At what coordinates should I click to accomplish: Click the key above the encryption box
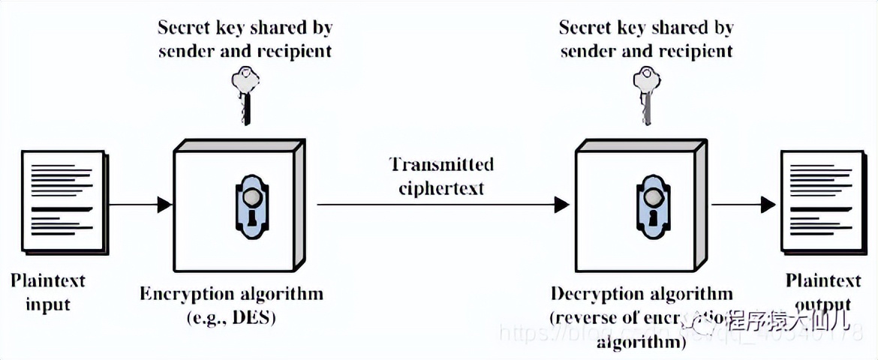(245, 93)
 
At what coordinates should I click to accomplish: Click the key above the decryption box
(646, 93)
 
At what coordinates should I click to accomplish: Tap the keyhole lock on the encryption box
(251, 203)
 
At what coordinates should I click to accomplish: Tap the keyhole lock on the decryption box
(651, 203)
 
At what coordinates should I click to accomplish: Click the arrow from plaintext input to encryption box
(140, 203)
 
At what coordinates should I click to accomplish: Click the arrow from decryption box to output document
(743, 203)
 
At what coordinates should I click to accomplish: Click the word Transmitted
(441, 164)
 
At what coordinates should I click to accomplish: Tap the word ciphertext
(441, 187)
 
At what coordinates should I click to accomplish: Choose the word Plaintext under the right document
(823, 281)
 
